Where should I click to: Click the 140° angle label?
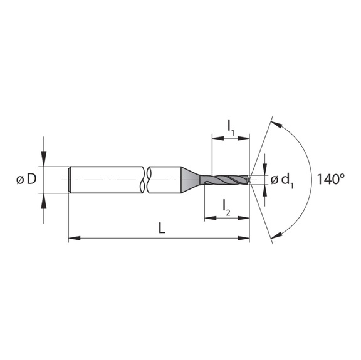(330, 179)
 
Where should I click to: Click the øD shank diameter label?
(26, 180)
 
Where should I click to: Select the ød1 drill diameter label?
(283, 180)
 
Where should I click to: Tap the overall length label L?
(161, 229)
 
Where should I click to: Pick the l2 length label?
(226, 207)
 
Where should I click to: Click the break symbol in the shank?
(147, 179)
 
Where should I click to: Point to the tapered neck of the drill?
(192, 179)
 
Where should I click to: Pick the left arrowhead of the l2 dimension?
(208, 218)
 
